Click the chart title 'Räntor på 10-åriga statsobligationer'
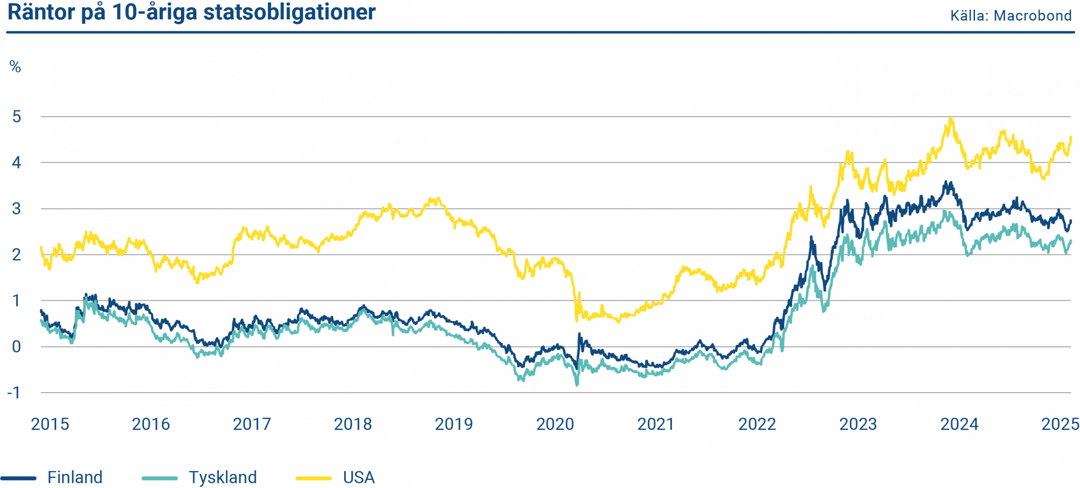(191, 13)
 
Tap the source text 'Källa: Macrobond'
(1010, 16)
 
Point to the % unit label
(15, 67)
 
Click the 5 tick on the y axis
(16, 117)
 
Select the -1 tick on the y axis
(14, 393)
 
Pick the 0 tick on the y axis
(16, 347)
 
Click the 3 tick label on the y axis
(16, 209)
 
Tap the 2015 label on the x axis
(50, 424)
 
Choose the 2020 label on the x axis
(555, 424)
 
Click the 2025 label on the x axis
(1060, 424)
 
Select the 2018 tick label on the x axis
(353, 424)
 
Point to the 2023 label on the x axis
(858, 424)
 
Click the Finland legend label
(75, 477)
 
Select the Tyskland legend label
(223, 477)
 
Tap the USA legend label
(359, 477)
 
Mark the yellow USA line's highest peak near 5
(950, 119)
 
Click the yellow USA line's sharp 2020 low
(576, 321)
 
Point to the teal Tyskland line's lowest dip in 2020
(577, 384)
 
